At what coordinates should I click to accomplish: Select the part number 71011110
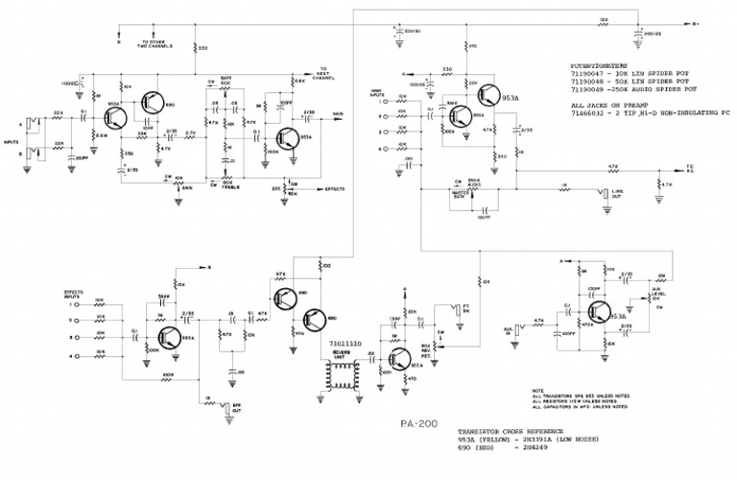pyautogui.click(x=343, y=343)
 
